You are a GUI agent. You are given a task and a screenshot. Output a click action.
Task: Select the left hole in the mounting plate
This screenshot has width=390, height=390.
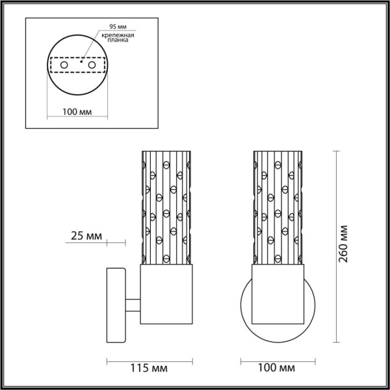(x=64, y=66)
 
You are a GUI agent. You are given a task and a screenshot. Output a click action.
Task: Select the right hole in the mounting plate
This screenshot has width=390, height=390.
(x=92, y=66)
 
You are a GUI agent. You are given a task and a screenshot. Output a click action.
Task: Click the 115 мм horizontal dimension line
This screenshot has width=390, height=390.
(x=151, y=359)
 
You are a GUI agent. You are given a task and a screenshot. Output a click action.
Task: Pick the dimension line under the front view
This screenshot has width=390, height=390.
(x=276, y=359)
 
